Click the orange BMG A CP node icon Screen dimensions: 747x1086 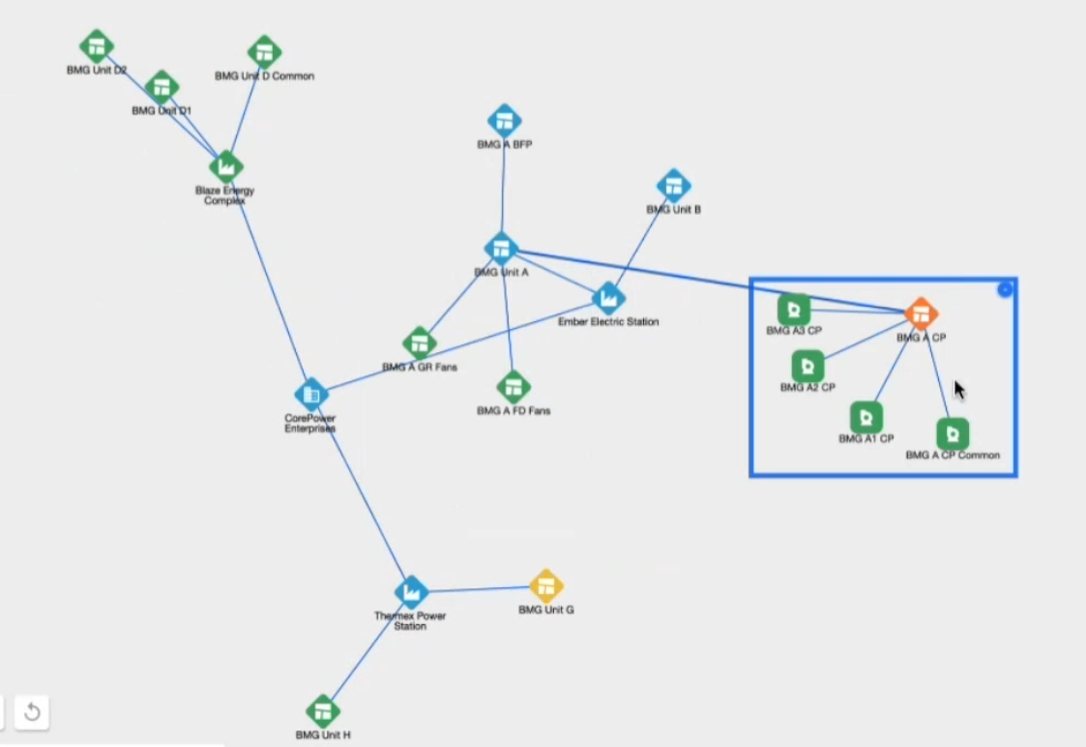coord(921,313)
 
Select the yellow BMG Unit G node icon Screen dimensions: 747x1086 coord(546,585)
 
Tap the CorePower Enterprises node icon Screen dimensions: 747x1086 coord(311,394)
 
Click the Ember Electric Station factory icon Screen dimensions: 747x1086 coord(607,298)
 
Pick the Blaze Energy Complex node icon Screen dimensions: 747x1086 coord(225,166)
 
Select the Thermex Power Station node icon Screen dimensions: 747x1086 coord(411,591)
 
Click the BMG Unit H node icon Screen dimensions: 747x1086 coord(323,712)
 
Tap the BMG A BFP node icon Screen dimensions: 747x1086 coord(504,121)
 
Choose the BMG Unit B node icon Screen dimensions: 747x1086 coord(673,186)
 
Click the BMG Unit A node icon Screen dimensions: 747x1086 coord(501,249)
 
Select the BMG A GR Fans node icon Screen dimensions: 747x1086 coord(419,343)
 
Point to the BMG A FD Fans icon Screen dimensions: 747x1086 coord(514,387)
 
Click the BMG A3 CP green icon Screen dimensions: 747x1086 coord(794,310)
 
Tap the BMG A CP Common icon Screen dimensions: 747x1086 coord(953,433)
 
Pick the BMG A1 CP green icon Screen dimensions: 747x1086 coord(866,417)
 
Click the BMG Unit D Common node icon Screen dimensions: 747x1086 coord(264,52)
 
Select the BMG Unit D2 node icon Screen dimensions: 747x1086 coord(96,46)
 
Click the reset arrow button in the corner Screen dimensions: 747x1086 coord(32,713)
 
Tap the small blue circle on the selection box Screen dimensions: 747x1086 coord(1005,289)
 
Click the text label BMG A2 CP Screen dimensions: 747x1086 coord(807,387)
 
